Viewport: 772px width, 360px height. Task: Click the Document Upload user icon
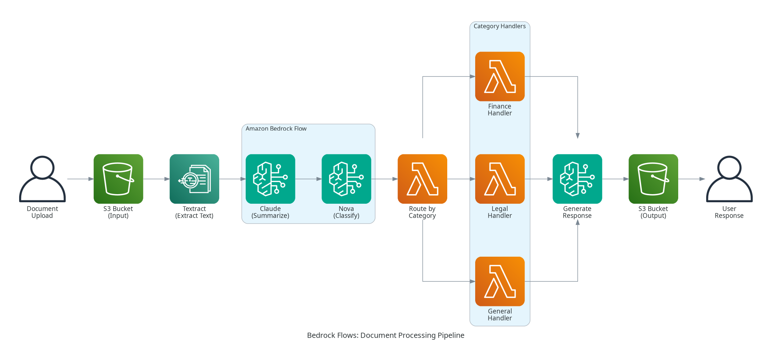[42, 179]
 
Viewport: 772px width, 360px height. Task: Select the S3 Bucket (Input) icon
[118, 179]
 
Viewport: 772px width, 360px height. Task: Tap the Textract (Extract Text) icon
[194, 179]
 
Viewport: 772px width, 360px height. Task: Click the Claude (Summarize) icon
[270, 179]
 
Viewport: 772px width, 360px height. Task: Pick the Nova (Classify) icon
[346, 179]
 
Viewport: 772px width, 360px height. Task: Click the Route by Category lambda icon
[422, 179]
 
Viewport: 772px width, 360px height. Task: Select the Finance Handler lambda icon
[500, 76]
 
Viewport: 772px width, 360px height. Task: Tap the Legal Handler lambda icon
[500, 179]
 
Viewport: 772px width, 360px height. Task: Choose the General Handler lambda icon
[500, 281]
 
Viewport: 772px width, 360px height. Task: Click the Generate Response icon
[577, 179]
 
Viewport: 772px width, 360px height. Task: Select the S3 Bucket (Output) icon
[653, 179]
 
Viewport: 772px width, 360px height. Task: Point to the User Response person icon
[729, 179]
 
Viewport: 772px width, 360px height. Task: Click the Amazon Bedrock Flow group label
[276, 129]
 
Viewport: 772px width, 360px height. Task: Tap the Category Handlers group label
[499, 26]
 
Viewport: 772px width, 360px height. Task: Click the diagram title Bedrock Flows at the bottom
[385, 335]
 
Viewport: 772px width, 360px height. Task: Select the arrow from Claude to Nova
[308, 179]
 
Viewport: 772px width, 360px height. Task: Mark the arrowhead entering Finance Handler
[472, 76]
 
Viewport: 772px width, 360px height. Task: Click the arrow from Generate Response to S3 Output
[615, 179]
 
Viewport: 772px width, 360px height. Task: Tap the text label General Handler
[500, 315]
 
